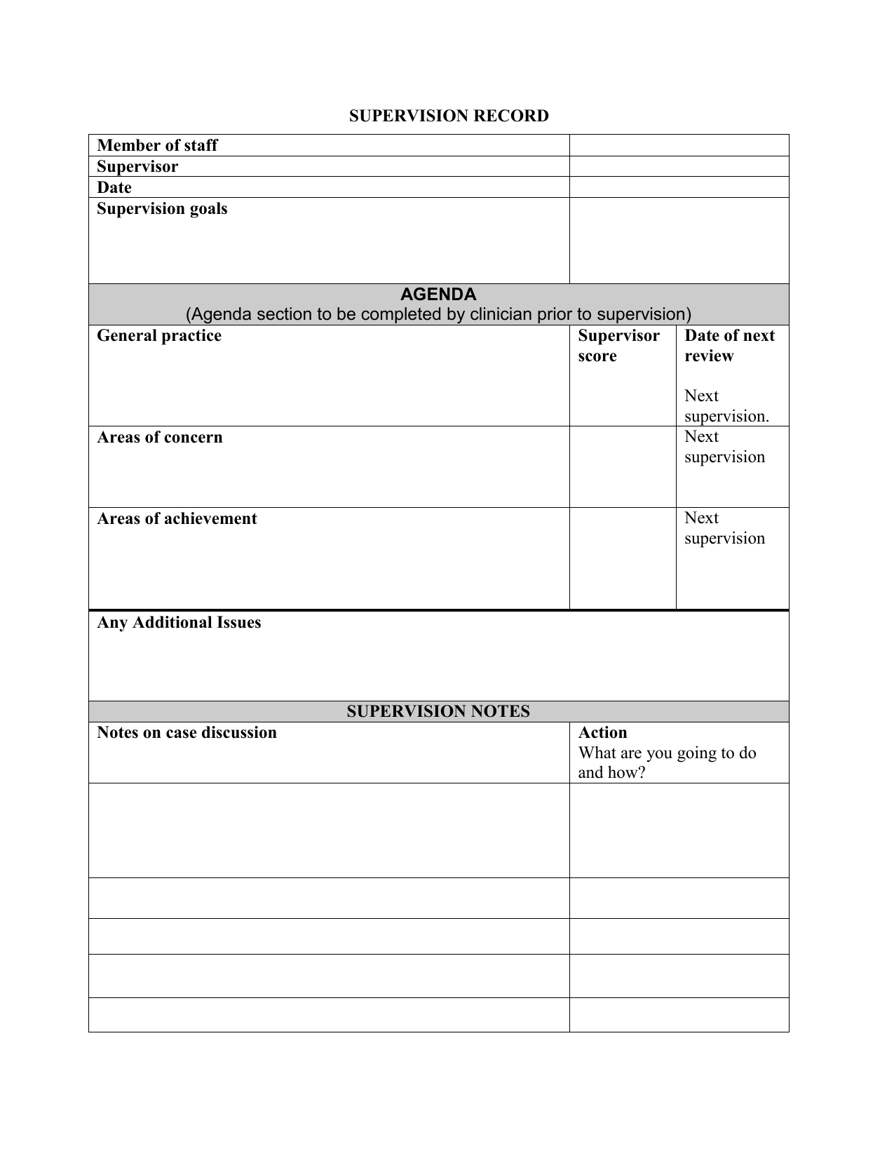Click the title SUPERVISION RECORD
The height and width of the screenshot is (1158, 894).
[x=449, y=116]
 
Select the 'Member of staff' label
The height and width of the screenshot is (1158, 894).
[x=157, y=145]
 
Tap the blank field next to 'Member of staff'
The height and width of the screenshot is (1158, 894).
[x=679, y=145]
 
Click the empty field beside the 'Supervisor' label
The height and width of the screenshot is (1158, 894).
[x=679, y=166]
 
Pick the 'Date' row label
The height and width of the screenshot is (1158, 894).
[x=114, y=187]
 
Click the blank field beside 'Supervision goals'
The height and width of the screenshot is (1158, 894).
[x=679, y=240]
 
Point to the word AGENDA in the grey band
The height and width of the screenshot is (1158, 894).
[x=438, y=294]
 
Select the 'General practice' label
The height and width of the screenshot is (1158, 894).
[x=159, y=335]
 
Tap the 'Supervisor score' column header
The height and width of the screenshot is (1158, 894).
[x=618, y=345]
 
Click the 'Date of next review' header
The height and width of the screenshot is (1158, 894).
[x=729, y=345]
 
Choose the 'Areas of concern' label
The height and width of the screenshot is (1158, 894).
[x=160, y=437]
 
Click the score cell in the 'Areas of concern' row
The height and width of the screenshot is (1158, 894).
[x=623, y=466]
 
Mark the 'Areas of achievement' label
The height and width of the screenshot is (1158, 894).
[x=177, y=518]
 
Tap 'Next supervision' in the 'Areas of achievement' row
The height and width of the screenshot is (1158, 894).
[x=724, y=528]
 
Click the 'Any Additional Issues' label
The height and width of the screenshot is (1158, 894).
[x=179, y=622]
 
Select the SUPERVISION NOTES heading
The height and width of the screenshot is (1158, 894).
[x=438, y=711]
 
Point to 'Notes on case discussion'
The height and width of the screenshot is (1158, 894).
[x=187, y=732]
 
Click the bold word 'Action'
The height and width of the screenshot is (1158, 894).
[x=602, y=732]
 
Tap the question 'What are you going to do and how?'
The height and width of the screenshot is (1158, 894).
[x=667, y=762]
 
